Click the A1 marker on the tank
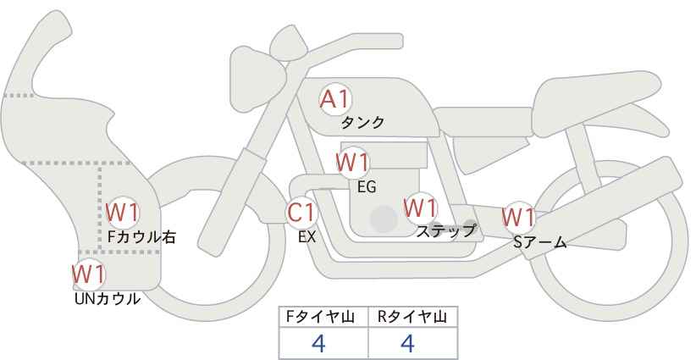pos(335,99)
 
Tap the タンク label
pos(362,123)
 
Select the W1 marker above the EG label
pos(352,163)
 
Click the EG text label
pos(367,187)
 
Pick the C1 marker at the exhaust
pos(302,213)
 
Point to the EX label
pos(307,237)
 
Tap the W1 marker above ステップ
pos(420,208)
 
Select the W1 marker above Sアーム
pos(518,218)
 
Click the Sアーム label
pos(539,242)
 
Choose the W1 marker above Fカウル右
pos(123,212)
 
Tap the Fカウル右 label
pos(141,237)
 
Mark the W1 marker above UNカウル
pos(89,274)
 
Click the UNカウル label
pos(108,299)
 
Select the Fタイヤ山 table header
pos(320,317)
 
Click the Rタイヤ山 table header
pos(412,317)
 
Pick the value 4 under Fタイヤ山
pos(318,343)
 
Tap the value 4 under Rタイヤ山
pos(407,343)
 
